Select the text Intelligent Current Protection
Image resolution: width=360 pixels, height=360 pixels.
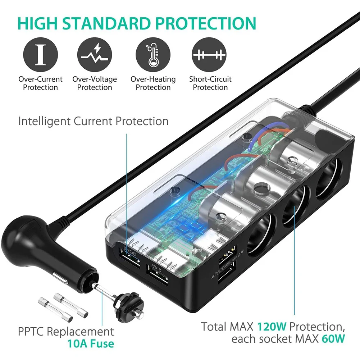pyautogui.click(x=93, y=121)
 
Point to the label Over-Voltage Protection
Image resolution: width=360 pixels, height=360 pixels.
pyautogui.click(x=95, y=83)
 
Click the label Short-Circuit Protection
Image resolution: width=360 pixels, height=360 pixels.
pyautogui.click(x=210, y=83)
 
